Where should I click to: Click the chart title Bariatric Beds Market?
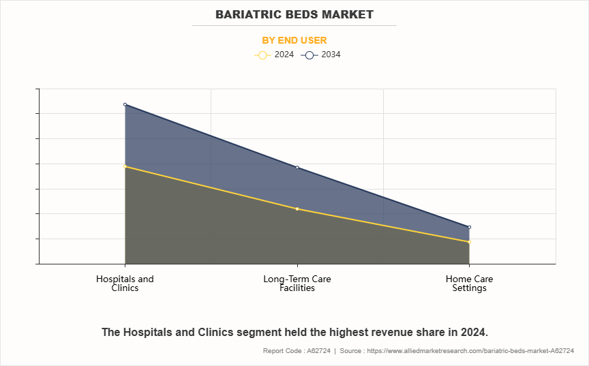[294, 14]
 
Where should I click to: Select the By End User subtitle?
[294, 40]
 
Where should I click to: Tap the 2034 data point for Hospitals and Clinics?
[125, 104]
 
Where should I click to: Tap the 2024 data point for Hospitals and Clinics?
[125, 166]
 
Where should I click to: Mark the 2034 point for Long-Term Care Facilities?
[297, 168]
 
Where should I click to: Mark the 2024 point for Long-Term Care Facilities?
[297, 209]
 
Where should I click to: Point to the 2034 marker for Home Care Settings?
[470, 227]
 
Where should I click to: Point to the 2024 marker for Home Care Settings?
[470, 242]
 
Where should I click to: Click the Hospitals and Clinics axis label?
[125, 284]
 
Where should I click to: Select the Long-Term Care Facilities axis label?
[297, 284]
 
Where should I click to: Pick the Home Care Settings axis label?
[470, 284]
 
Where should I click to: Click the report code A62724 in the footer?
[318, 350]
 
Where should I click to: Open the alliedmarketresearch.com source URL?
[471, 350]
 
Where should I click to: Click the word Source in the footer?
[352, 350]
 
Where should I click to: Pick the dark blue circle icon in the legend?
[309, 55]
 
